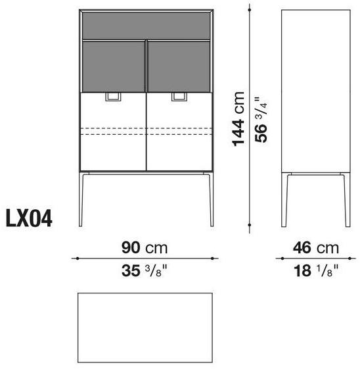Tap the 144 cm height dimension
tap(241, 118)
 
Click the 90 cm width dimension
tap(145, 248)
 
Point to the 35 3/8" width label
tap(145, 269)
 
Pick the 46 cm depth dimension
tap(315, 248)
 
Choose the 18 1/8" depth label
tap(315, 269)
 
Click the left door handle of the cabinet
tap(114, 97)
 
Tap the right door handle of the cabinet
tap(179, 97)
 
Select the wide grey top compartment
tap(146, 25)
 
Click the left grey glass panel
tap(112, 65)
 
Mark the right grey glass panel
tap(180, 65)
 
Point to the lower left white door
tap(112, 132)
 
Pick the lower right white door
tap(180, 132)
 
